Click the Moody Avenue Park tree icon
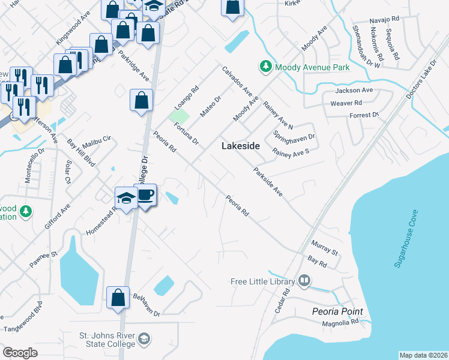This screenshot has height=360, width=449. (265, 67)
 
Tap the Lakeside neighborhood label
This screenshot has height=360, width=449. (241, 146)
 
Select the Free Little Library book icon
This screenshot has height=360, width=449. (304, 281)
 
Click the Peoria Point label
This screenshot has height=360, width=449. (337, 311)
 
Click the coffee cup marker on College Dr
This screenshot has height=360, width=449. (146, 195)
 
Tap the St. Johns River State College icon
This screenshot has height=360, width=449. (143, 340)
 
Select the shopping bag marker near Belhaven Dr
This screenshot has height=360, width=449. (118, 298)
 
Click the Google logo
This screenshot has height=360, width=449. (20, 352)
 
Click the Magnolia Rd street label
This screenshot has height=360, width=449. (340, 322)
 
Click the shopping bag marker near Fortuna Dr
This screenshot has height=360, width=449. (141, 100)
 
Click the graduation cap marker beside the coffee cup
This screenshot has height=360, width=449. (127, 197)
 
